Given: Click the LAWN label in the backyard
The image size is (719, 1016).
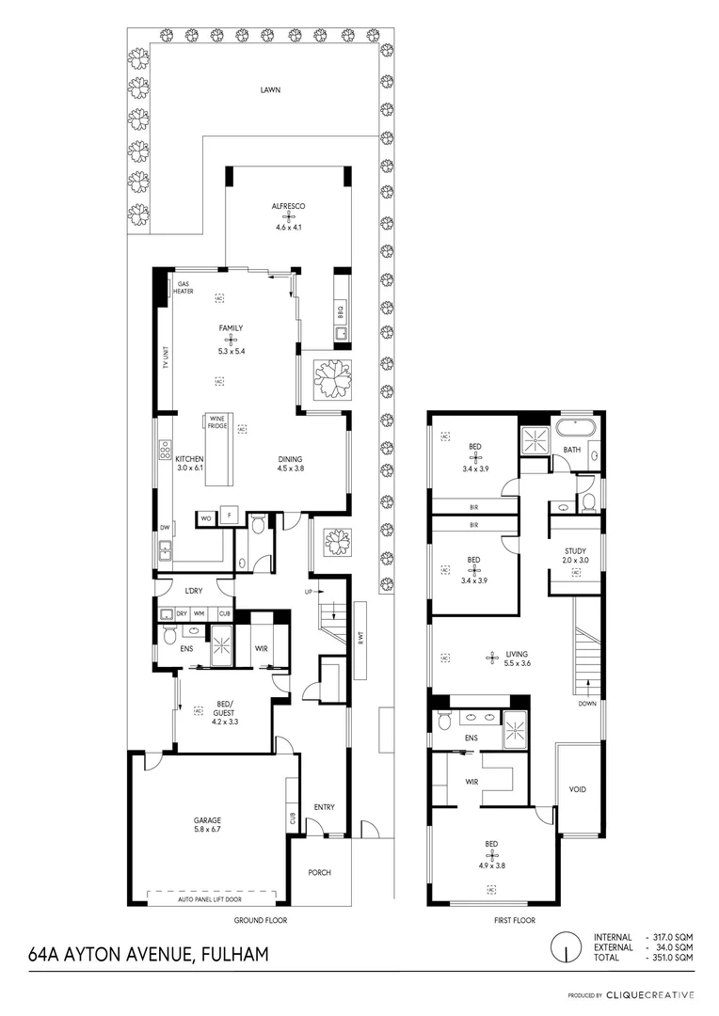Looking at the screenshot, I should (271, 90).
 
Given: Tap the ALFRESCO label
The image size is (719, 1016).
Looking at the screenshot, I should (288, 205).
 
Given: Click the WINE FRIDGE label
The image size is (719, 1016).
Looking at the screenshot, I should (216, 421).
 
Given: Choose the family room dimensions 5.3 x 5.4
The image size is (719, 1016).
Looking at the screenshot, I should (232, 351).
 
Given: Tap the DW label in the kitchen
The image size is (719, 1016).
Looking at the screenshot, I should (164, 528).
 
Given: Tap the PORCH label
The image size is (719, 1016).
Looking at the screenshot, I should (320, 872).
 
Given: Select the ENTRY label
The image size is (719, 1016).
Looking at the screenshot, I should (324, 807).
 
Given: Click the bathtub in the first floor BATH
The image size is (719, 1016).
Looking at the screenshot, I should (574, 428).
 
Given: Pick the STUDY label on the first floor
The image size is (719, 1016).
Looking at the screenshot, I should (575, 551).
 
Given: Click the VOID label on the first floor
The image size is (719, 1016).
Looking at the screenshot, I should (578, 789).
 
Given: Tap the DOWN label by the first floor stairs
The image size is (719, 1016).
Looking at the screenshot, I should (589, 703).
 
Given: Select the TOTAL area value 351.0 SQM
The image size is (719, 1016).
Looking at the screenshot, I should (672, 957).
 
